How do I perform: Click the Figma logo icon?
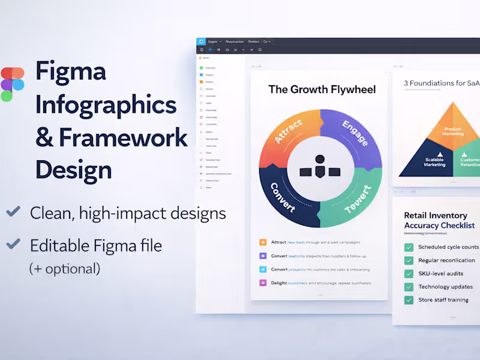coord(12,84)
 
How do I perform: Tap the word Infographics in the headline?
coord(106,105)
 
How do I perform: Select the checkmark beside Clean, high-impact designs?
coord(13,212)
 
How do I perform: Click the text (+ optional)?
coord(65,268)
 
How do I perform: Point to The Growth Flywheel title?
coord(322,89)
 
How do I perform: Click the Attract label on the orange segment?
coord(288,131)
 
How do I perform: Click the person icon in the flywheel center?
coord(320,160)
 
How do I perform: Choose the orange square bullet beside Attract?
coord(263,242)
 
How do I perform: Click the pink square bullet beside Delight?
coord(263,283)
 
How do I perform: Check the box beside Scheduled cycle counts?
coord(409,247)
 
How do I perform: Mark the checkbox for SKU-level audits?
coord(409,274)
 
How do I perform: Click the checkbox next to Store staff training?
coord(409,299)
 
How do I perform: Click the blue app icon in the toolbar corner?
coord(201,42)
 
